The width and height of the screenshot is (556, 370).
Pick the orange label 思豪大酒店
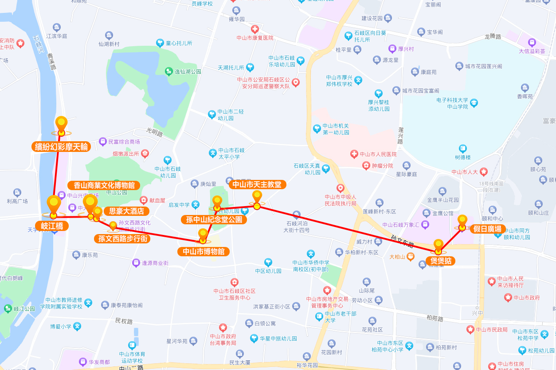126,211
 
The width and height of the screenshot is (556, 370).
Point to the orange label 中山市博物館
204,252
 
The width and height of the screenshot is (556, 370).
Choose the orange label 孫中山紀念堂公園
214,219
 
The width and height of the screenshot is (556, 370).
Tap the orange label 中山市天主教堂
257,184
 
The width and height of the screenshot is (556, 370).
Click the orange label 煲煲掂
441,261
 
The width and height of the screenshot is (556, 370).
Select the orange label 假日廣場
487,229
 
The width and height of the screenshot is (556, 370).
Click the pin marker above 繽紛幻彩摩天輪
61,124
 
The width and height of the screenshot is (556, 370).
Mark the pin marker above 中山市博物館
203,235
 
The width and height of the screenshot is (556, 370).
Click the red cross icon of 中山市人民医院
354,154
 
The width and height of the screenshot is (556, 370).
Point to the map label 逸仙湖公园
188,72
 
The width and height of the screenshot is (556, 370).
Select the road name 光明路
155,132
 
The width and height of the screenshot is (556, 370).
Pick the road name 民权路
124,320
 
